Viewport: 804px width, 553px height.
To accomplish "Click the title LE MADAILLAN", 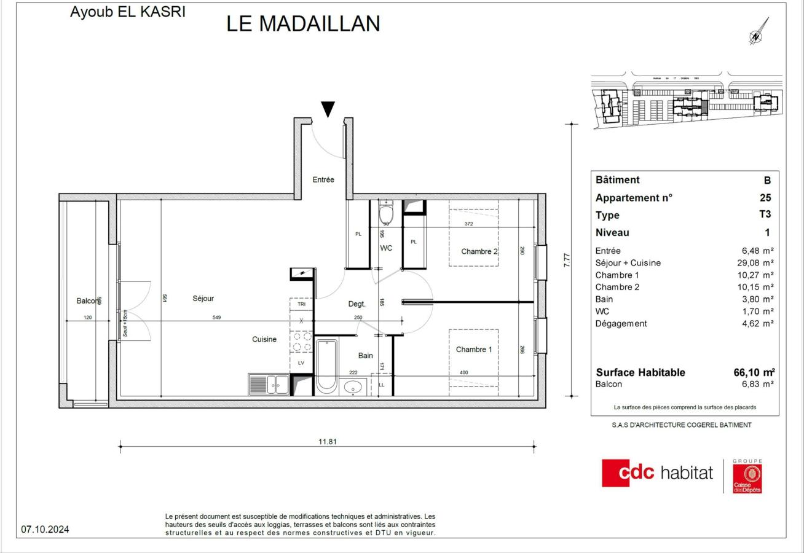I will [303, 23].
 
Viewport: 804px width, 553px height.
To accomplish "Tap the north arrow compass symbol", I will [758, 33].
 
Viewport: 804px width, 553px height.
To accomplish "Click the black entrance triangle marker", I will [328, 109].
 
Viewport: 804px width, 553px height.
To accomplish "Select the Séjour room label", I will [203, 299].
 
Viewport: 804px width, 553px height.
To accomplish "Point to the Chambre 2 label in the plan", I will [479, 251].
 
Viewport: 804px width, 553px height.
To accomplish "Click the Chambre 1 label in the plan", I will [474, 350].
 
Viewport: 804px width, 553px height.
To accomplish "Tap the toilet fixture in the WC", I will [386, 214].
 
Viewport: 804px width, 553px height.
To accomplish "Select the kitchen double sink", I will [269, 385].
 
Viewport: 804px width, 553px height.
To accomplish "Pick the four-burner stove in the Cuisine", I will [301, 342].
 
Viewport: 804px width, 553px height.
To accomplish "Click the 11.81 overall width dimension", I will [328, 441].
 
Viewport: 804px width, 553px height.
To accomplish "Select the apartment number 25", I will [765, 198].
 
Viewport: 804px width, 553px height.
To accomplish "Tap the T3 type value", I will [765, 215].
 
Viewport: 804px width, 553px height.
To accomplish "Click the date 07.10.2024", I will [45, 529].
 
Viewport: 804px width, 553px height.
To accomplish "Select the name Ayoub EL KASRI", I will [127, 12].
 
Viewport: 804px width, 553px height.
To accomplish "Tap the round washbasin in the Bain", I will [353, 387].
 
